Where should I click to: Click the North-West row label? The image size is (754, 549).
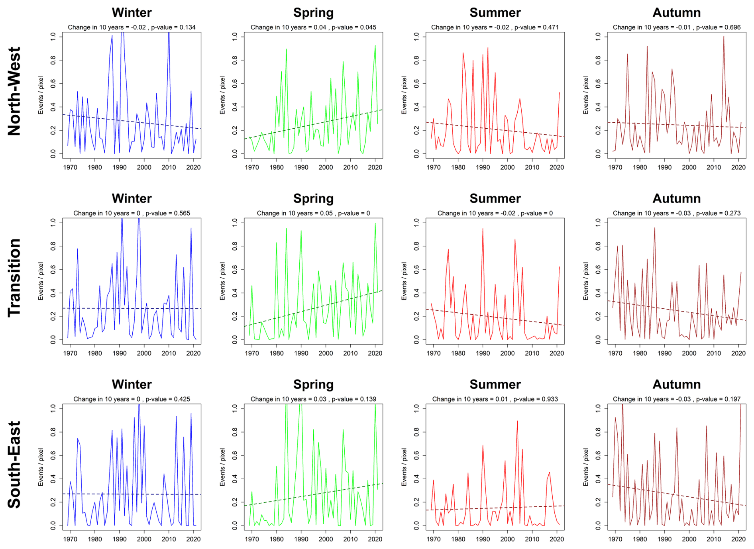[x=14, y=92]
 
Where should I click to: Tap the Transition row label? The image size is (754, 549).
[x=14, y=278]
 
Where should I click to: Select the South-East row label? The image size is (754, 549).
[x=14, y=465]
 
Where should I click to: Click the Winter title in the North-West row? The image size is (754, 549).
[x=132, y=13]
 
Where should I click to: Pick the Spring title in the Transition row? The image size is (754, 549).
[x=313, y=198]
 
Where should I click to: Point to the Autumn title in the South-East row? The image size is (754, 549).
[x=676, y=384]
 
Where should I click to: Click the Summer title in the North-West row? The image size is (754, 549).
[x=495, y=13]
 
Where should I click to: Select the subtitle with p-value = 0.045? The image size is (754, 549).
[x=313, y=27]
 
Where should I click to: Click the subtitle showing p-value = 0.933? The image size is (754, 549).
[x=495, y=399]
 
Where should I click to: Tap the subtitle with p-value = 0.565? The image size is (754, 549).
[x=132, y=213]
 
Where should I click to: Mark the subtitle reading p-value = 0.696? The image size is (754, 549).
[x=676, y=27]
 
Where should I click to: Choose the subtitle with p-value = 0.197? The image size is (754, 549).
[x=676, y=399]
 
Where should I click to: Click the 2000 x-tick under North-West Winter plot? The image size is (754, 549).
[x=144, y=167]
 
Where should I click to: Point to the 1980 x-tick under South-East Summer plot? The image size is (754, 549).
[x=458, y=539]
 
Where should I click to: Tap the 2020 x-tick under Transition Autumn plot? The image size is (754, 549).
[x=738, y=353]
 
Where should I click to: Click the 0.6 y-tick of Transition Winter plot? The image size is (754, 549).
[x=53, y=270]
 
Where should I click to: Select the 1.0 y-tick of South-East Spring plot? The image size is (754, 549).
[x=235, y=408]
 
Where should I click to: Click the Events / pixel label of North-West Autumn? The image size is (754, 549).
[x=585, y=95]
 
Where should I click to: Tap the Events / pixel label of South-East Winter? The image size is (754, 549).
[x=41, y=467]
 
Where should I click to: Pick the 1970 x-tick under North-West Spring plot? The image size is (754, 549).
[x=252, y=167]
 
